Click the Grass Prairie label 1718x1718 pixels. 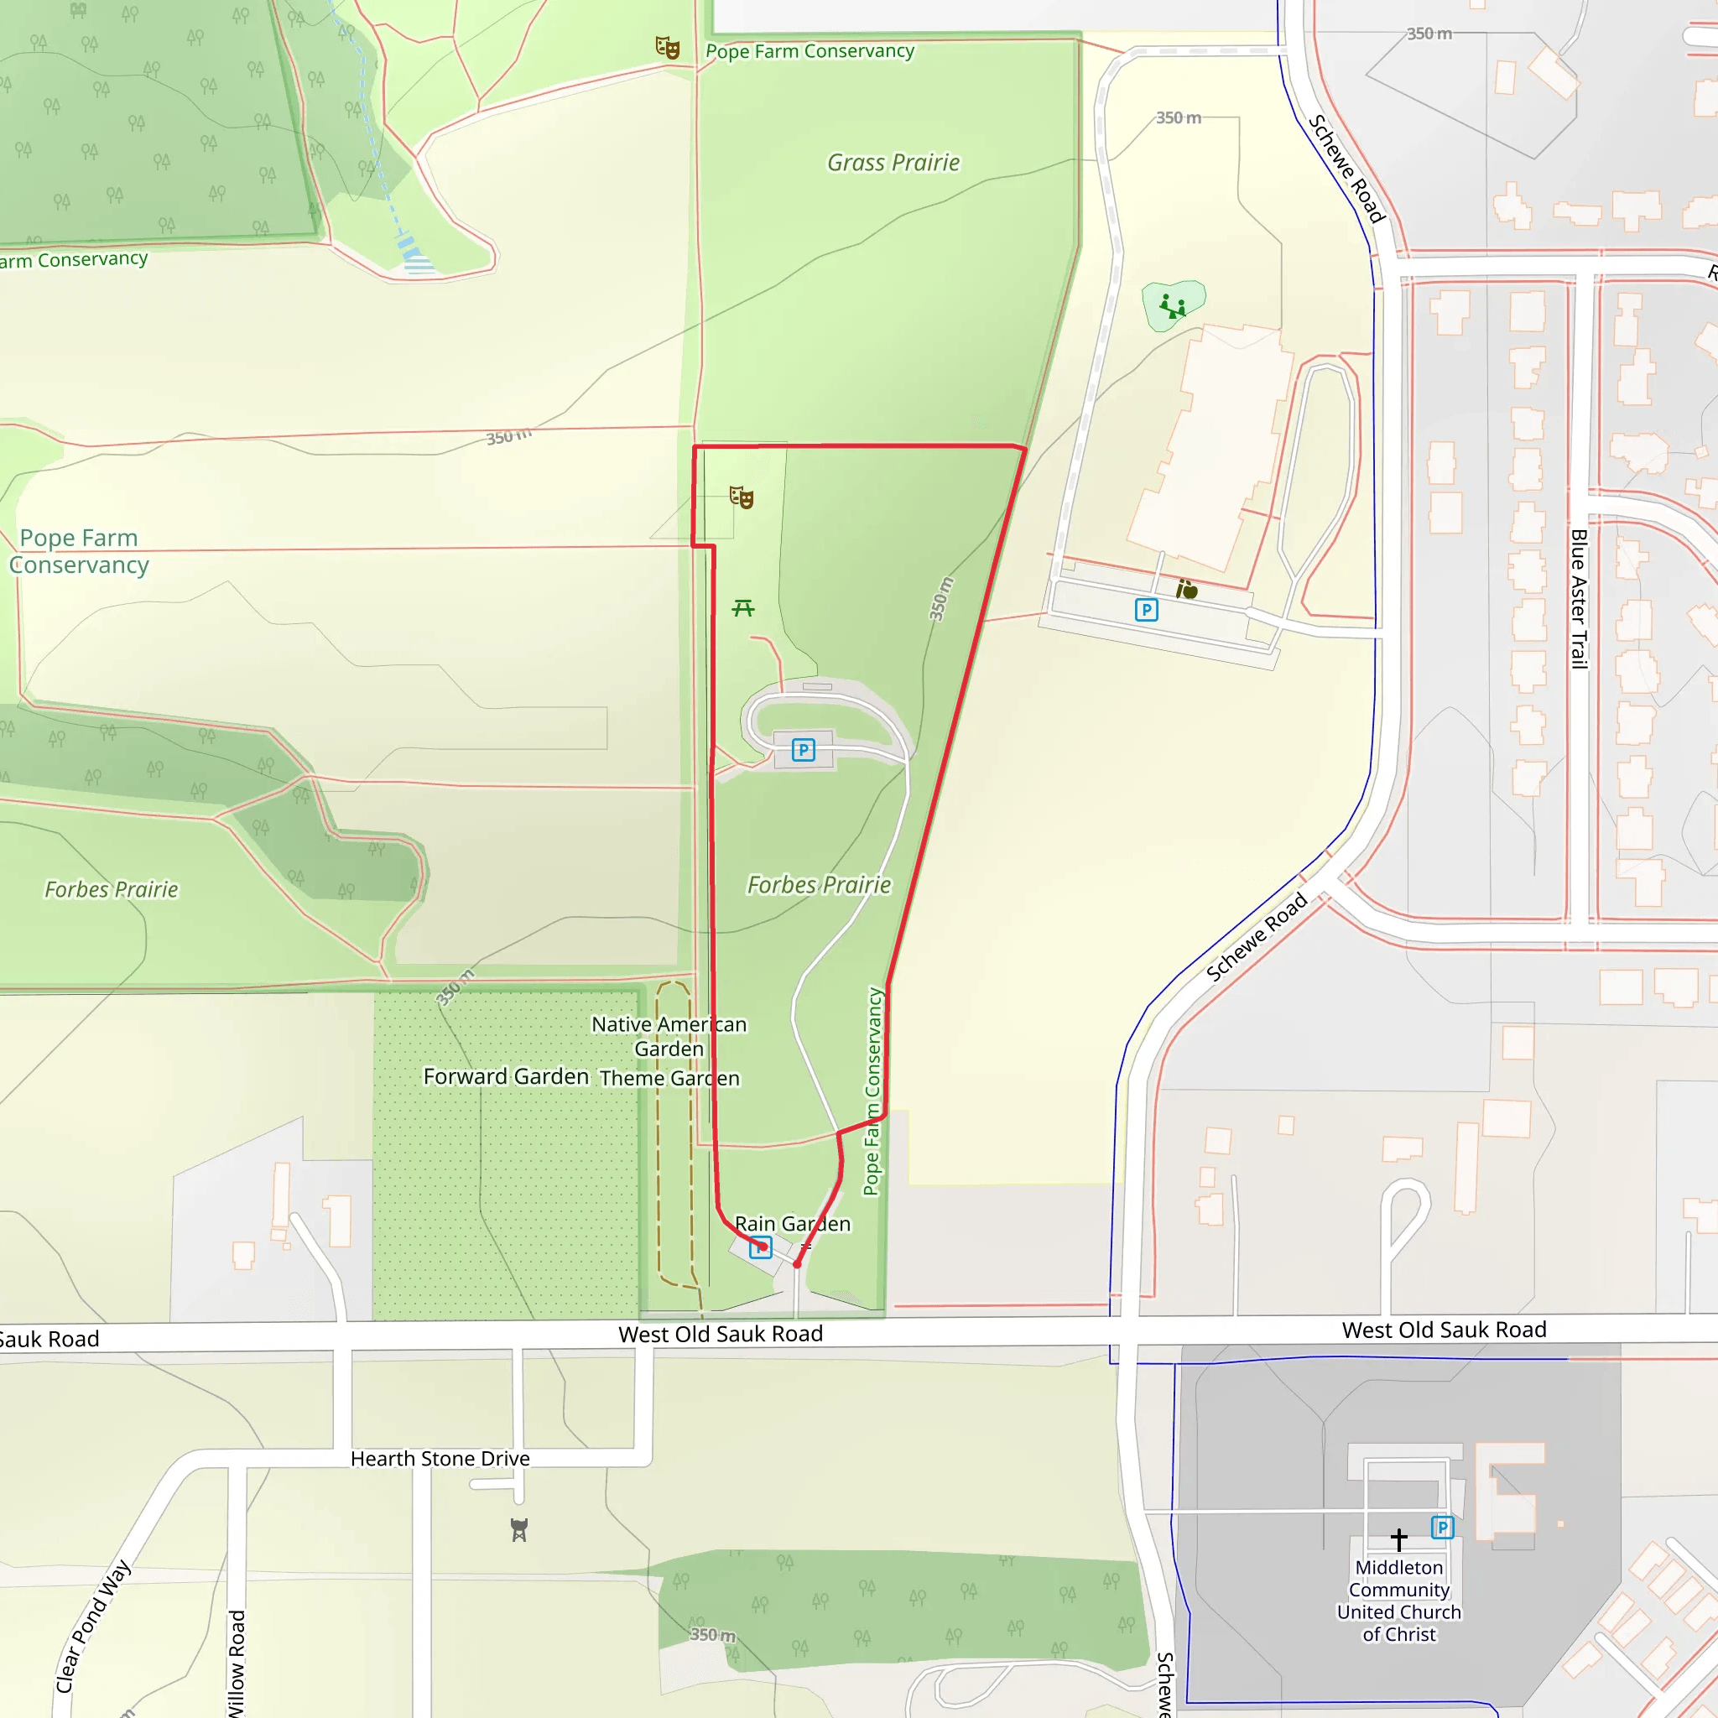(893, 163)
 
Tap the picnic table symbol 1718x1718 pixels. (743, 608)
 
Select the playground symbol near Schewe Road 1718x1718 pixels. (1173, 308)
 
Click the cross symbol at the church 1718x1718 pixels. (1398, 1539)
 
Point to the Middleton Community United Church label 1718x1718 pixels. (1398, 1600)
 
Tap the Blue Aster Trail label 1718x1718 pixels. (1579, 598)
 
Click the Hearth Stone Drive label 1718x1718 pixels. (440, 1458)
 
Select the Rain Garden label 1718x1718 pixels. (792, 1224)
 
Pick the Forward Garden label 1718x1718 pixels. (506, 1076)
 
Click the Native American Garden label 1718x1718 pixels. (669, 1036)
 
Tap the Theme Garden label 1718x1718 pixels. (669, 1078)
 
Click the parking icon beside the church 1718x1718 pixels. (1442, 1528)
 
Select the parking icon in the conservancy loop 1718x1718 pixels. (803, 750)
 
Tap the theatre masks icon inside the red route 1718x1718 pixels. (742, 497)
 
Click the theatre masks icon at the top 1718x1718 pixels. (668, 47)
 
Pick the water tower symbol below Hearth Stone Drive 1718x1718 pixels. (519, 1529)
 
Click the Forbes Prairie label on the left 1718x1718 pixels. (112, 889)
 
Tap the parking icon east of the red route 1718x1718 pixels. (1146, 610)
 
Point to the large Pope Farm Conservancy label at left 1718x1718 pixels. (79, 551)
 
